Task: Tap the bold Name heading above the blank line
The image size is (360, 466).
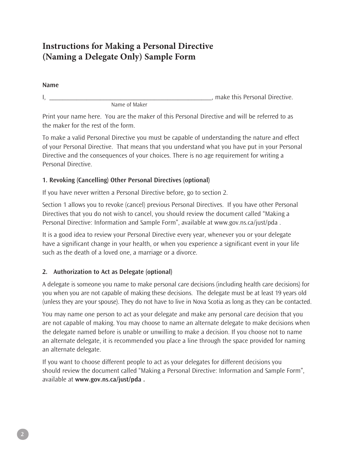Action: coord(50,85)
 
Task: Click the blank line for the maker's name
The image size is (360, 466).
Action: coord(130,97)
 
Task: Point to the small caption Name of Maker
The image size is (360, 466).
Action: coord(129,105)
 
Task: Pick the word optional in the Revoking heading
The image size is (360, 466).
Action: coord(196,180)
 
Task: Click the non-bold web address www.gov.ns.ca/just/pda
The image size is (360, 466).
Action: coord(246,222)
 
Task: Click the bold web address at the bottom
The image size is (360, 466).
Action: coord(110,379)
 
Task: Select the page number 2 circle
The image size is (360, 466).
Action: coord(22,434)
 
